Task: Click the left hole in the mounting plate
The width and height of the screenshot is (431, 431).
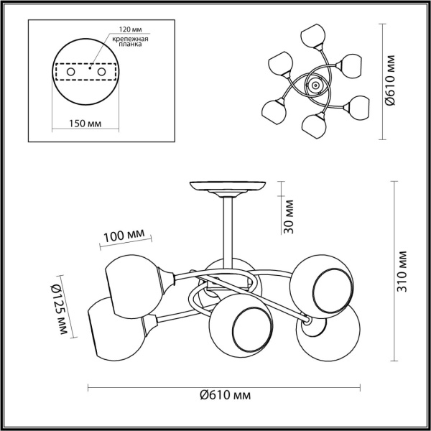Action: [x=71, y=72]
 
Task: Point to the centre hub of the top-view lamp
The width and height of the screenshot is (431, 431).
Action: [x=315, y=86]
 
